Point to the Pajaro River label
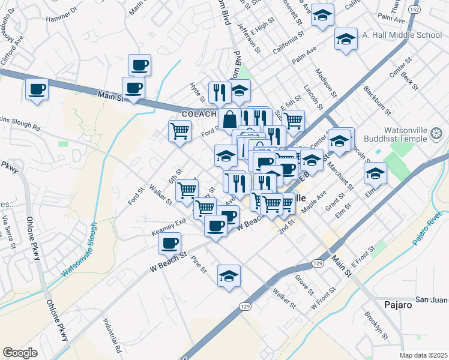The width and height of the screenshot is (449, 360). point(428,230)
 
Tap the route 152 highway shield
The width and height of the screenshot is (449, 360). point(414,10)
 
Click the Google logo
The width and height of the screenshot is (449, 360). point(20,353)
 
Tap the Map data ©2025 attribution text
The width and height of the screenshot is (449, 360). point(424,355)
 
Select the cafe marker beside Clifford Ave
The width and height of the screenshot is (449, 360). point(37,91)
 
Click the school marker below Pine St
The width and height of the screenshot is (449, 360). point(229,277)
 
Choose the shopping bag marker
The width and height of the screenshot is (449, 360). point(229,119)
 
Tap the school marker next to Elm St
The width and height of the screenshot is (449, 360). point(375,174)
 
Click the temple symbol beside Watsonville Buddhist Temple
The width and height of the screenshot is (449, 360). point(437,133)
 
